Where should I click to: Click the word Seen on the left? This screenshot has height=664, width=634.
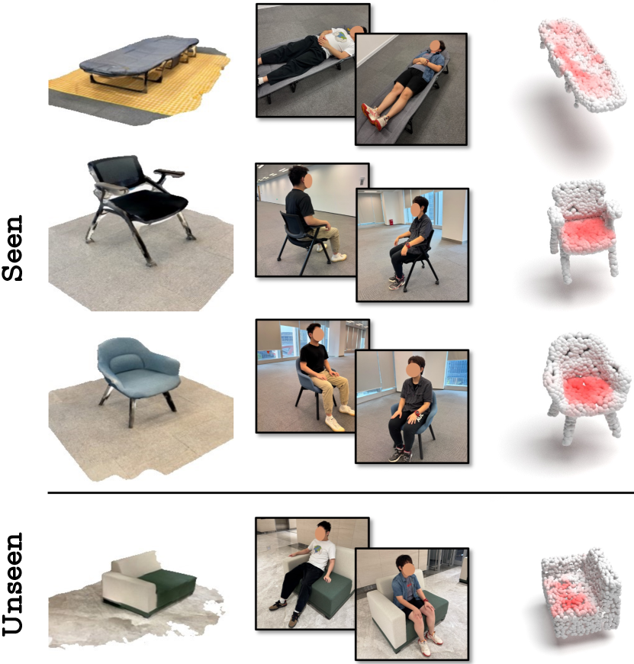(x=12, y=248)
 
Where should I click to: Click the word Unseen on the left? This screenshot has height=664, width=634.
(x=12, y=584)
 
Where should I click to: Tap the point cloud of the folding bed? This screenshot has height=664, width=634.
(x=581, y=63)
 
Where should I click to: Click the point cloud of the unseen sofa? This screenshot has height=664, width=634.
(x=581, y=593)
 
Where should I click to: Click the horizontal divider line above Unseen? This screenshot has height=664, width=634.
(x=340, y=493)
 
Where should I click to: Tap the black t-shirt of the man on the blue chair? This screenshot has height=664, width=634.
(x=314, y=358)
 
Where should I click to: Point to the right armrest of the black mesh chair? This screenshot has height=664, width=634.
(x=169, y=173)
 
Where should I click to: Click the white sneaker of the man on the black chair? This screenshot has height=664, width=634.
(x=340, y=256)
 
